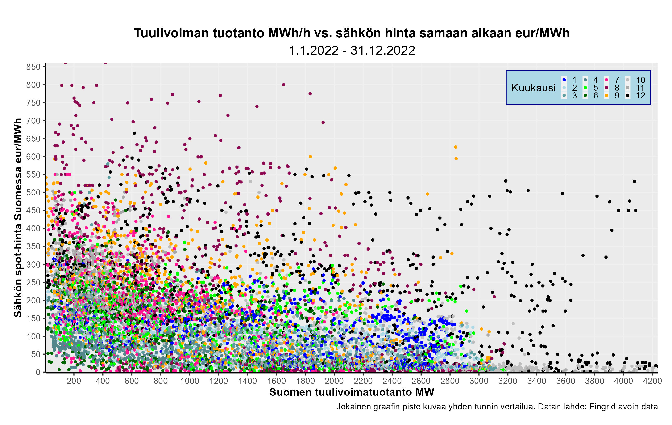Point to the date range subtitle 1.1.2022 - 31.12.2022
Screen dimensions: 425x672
[x=352, y=51]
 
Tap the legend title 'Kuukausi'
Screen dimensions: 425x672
[x=534, y=88]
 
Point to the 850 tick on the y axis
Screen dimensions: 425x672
[x=33, y=67]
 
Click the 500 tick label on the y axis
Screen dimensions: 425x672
[x=33, y=192]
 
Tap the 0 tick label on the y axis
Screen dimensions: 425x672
[x=38, y=372]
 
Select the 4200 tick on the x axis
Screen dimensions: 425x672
[x=652, y=381]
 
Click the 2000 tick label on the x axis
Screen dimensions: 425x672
[x=334, y=381]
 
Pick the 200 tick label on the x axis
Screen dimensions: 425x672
[x=74, y=381]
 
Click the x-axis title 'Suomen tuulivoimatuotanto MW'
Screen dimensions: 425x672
[x=352, y=392]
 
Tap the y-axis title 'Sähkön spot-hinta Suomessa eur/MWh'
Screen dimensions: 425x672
[x=18, y=218]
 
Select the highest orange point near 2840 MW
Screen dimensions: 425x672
[x=456, y=147]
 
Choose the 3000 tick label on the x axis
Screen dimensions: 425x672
[x=479, y=381]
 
